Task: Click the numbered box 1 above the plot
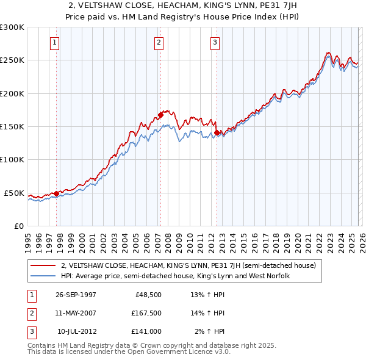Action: click(55, 43)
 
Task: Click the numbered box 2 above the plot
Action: click(159, 43)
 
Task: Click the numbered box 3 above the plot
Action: click(215, 43)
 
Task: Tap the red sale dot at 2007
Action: click(160, 114)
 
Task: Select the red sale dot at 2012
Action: click(217, 132)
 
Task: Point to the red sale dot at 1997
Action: click(57, 193)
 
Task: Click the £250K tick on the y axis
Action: click(12, 60)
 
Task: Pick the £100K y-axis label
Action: click(12, 159)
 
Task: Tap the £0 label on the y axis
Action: click(17, 226)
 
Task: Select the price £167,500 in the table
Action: click(146, 313)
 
